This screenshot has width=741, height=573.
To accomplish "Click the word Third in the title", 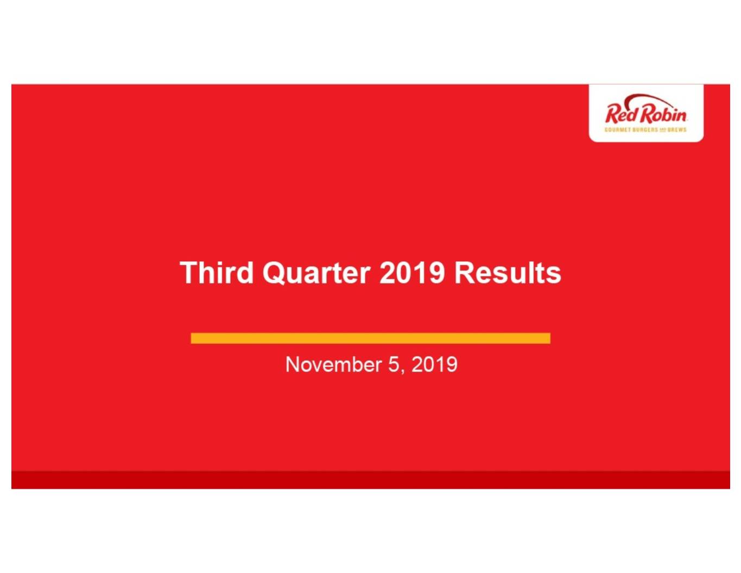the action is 217,273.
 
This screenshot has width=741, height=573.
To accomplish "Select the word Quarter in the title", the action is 316,273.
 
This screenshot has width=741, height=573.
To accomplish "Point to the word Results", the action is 508,273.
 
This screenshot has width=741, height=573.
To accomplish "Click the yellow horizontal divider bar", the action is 370,338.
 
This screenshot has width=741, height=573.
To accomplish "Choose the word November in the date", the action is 333,364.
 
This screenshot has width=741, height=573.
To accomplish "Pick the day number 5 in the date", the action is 394,364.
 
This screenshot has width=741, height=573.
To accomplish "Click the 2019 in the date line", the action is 434,364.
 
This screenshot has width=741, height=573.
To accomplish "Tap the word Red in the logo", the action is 621,114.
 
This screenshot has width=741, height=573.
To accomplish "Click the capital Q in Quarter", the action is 273,273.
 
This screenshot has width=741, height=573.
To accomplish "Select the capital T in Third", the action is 189,273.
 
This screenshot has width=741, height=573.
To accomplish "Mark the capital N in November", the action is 293,364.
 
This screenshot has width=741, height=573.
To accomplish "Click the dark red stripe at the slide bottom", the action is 370,480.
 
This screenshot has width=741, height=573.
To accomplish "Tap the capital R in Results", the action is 465,273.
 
